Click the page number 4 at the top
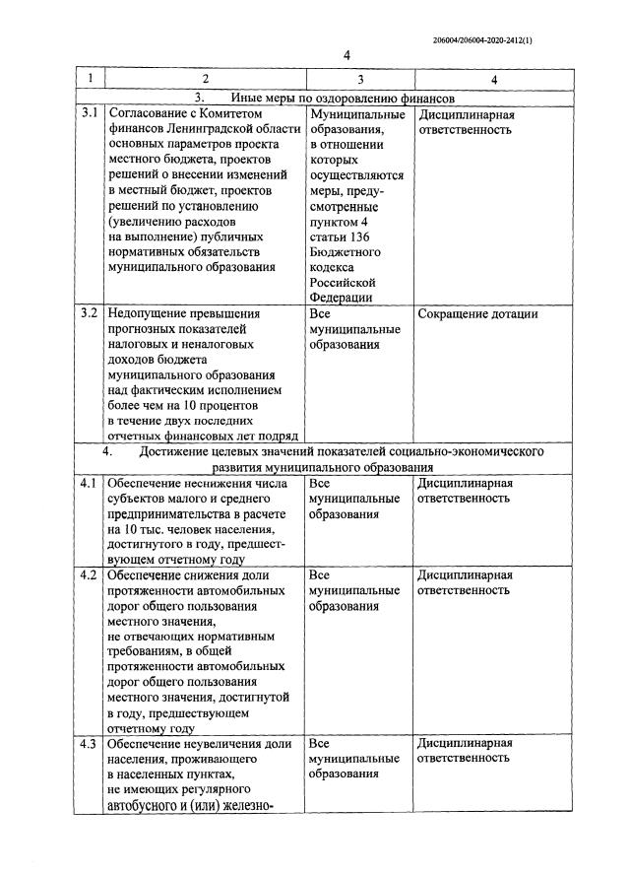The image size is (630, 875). pyautogui.click(x=346, y=56)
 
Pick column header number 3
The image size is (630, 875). pyautogui.click(x=360, y=78)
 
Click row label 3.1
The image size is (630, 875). pyautogui.click(x=90, y=113)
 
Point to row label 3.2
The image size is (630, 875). pyautogui.click(x=90, y=313)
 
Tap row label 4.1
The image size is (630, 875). pyautogui.click(x=90, y=483)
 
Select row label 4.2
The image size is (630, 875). pyautogui.click(x=90, y=574)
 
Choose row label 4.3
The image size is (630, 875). pyautogui.click(x=90, y=743)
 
